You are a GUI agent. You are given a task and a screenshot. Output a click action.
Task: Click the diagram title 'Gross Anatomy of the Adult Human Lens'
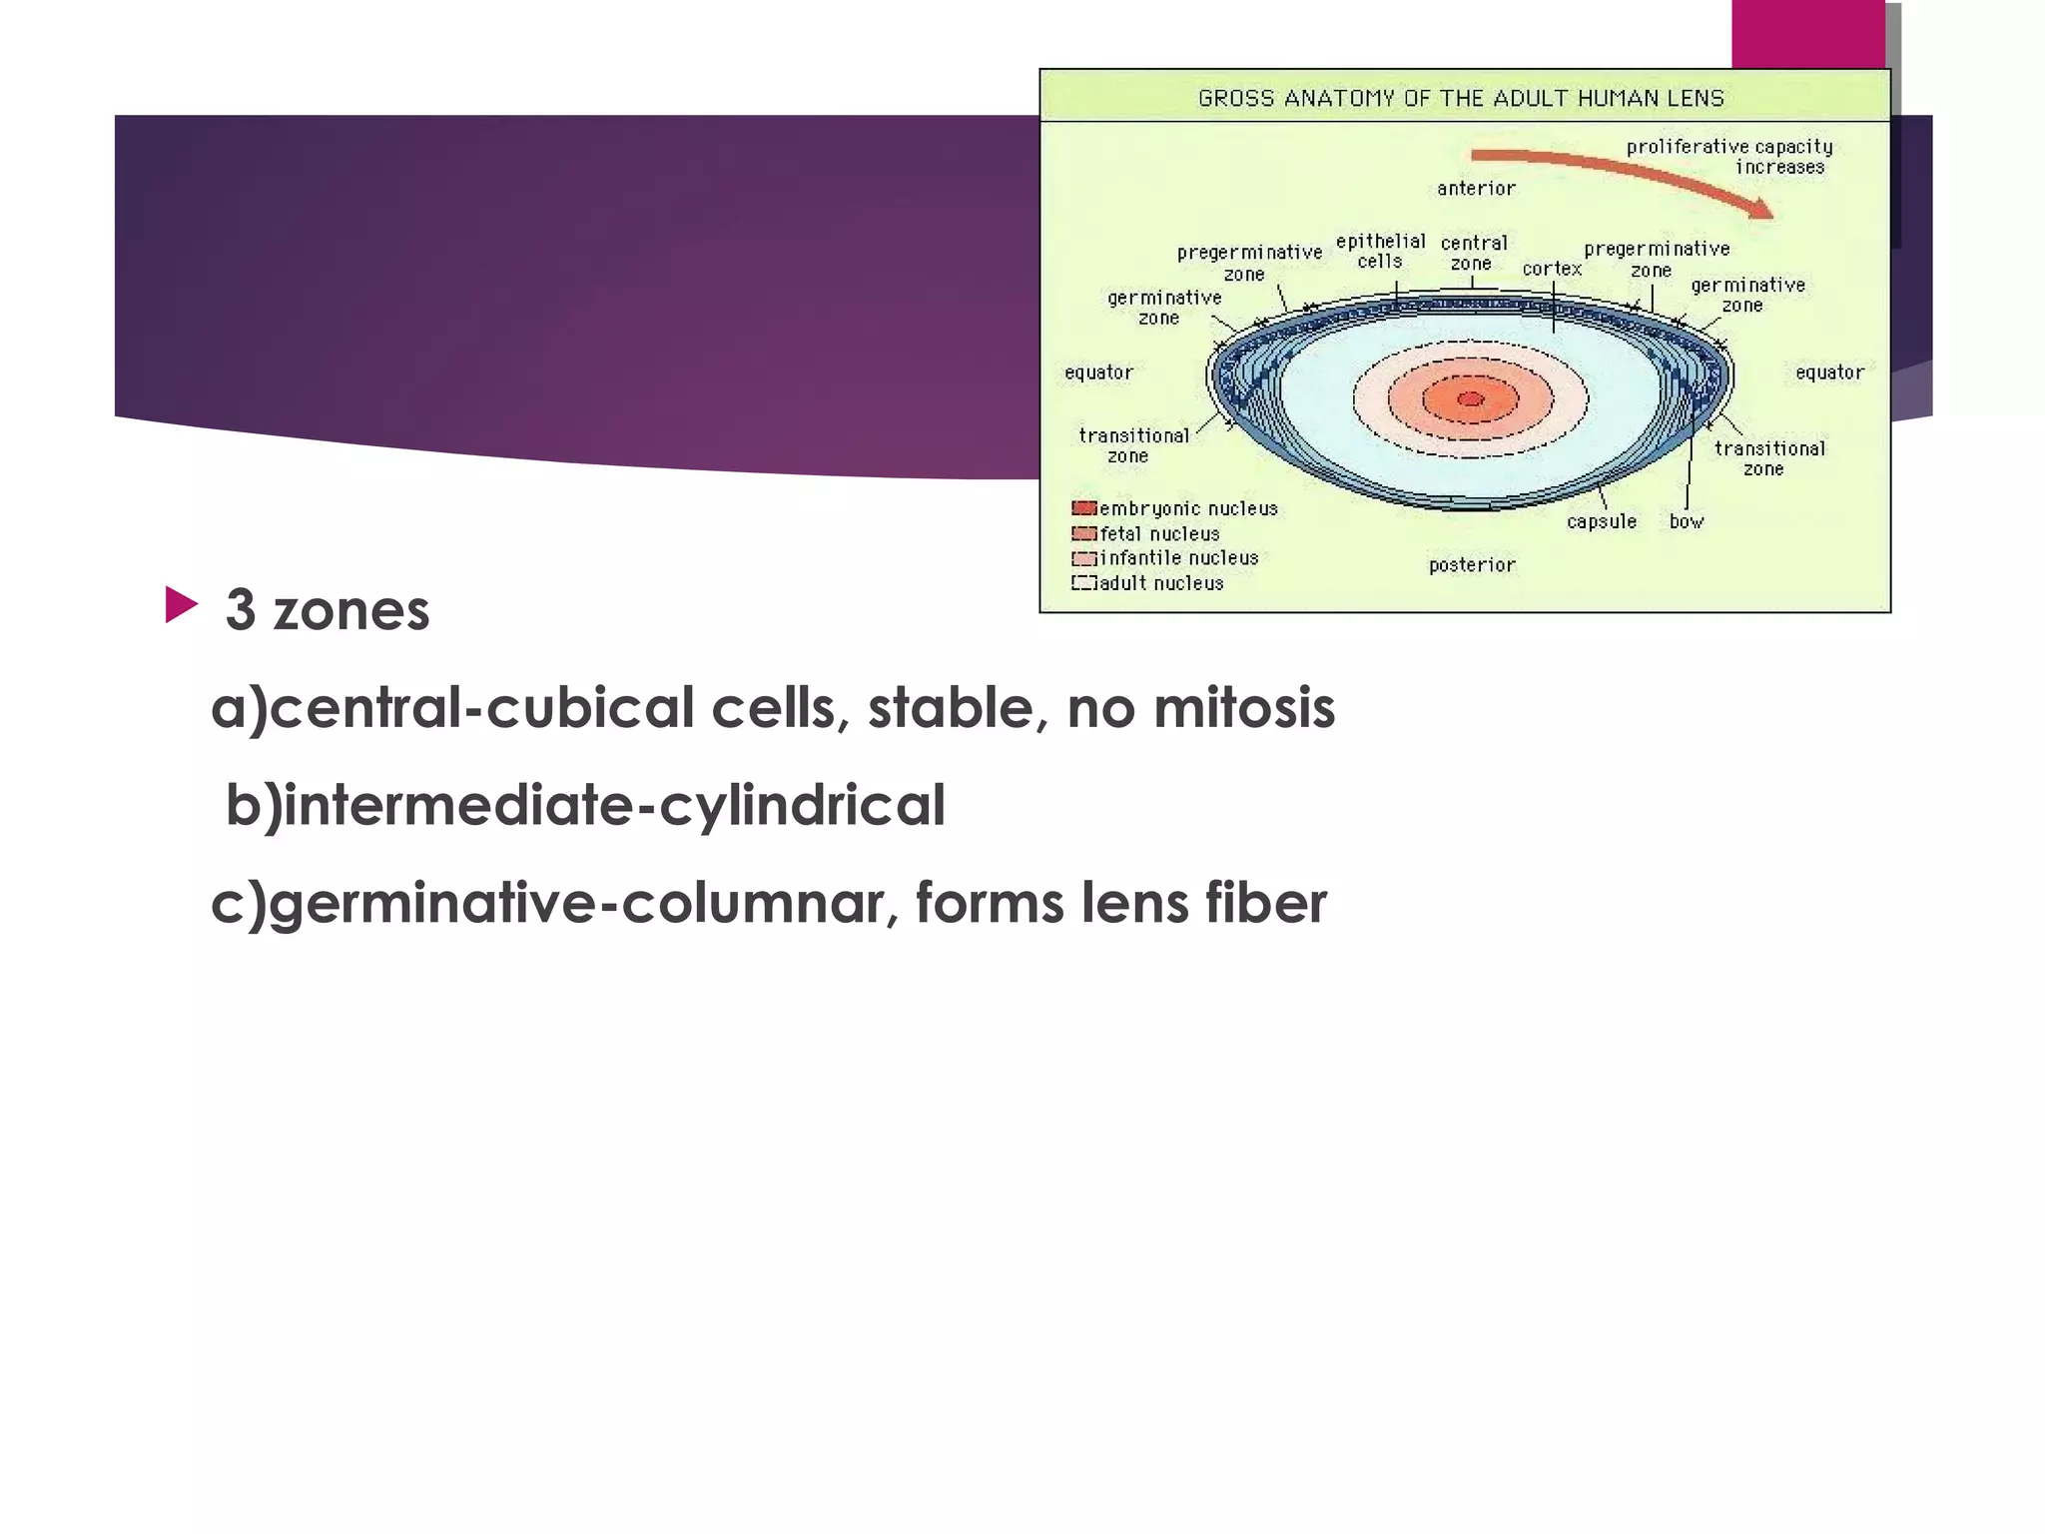[x=1461, y=98]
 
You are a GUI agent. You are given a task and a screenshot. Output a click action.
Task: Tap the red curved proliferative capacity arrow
[x=1618, y=170]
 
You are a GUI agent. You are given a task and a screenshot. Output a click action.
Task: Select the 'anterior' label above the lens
[x=1476, y=189]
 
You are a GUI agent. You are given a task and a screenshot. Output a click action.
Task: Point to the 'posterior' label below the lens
[x=1472, y=565]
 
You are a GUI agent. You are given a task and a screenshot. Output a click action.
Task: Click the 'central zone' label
[x=1474, y=253]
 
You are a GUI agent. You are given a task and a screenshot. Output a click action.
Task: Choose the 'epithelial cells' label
[x=1381, y=251]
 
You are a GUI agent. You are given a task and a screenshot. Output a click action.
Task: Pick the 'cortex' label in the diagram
[x=1552, y=269]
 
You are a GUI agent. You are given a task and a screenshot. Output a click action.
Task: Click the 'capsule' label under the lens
[x=1602, y=521]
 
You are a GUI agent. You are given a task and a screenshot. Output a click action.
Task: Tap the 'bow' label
[x=1687, y=521]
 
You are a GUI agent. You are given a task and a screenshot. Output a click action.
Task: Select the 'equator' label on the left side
[x=1098, y=373]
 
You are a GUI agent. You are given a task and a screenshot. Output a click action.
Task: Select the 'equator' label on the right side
[x=1829, y=373]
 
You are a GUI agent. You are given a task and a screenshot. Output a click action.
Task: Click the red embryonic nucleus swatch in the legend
[x=1083, y=508]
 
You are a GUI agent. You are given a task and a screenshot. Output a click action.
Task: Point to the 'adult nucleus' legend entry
[x=1161, y=583]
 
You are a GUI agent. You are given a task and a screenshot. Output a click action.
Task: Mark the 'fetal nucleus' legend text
[x=1159, y=534]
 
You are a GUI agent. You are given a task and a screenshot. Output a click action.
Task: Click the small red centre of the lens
[x=1470, y=399]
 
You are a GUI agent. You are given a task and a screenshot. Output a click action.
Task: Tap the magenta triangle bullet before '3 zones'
[x=181, y=604]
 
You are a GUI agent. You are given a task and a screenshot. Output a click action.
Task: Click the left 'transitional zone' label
[x=1133, y=445]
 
